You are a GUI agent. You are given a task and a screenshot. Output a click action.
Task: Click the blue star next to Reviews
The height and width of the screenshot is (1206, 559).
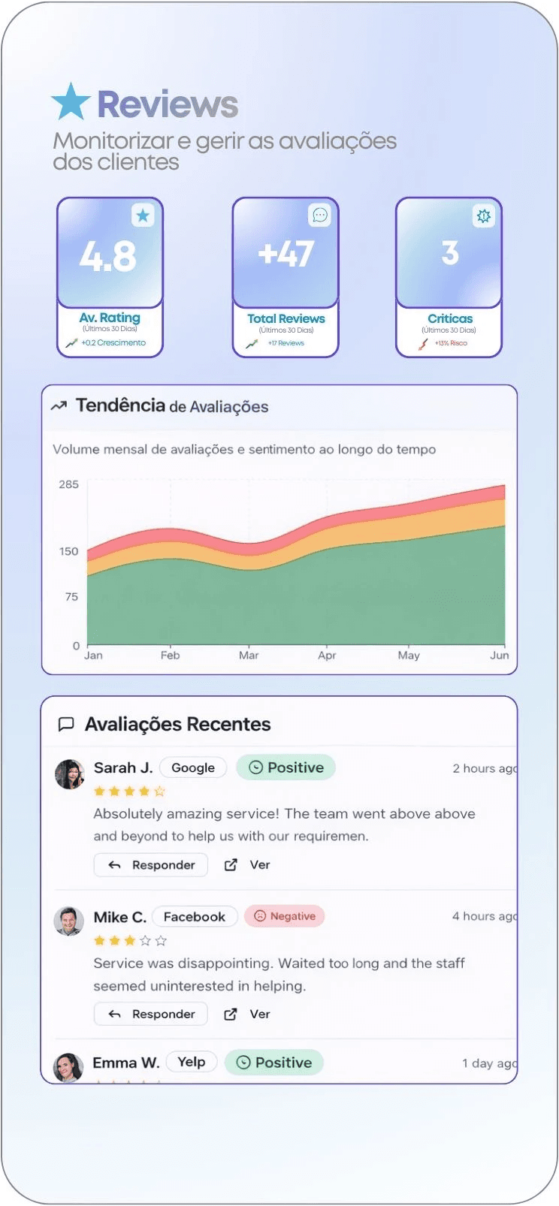click(x=71, y=102)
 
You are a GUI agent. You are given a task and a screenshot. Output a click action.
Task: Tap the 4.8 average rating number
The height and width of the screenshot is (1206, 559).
click(x=108, y=257)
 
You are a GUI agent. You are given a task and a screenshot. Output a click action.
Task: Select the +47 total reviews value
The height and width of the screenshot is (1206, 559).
click(x=286, y=254)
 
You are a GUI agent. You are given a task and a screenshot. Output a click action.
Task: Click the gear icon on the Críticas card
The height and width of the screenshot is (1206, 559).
click(x=483, y=216)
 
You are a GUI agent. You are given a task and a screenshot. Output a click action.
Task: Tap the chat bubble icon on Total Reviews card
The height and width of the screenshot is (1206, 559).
click(x=319, y=216)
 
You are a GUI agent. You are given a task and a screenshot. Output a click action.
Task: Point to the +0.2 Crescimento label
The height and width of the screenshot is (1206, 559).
click(x=113, y=343)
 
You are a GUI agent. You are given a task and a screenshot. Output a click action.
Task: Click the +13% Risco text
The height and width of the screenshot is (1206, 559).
click(x=451, y=343)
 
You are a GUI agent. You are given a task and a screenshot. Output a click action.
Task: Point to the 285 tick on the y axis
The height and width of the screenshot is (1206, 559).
click(x=68, y=484)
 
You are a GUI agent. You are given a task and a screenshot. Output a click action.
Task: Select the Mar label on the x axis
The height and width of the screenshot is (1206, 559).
click(x=249, y=656)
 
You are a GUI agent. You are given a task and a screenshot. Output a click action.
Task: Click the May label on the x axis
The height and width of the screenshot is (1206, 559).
click(x=409, y=656)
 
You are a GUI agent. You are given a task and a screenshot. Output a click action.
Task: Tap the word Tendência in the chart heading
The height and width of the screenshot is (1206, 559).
click(x=120, y=406)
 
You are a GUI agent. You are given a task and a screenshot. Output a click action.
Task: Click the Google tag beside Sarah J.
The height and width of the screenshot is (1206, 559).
click(x=193, y=767)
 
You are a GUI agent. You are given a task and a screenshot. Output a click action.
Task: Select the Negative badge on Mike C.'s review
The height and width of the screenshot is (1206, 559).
click(x=285, y=916)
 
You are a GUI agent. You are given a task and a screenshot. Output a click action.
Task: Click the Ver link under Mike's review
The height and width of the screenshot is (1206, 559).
click(x=259, y=1015)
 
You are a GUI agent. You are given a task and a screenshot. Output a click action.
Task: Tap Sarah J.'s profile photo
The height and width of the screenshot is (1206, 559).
click(x=70, y=774)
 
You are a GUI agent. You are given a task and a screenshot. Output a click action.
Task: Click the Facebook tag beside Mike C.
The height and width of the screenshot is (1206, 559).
click(x=195, y=917)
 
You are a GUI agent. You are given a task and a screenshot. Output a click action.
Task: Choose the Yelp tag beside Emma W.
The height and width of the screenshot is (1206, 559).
click(x=192, y=1062)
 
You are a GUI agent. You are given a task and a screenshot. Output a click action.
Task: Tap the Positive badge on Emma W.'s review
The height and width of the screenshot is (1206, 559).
click(x=274, y=1063)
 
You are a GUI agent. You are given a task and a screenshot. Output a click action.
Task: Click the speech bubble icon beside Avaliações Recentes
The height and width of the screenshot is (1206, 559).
click(x=66, y=724)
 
